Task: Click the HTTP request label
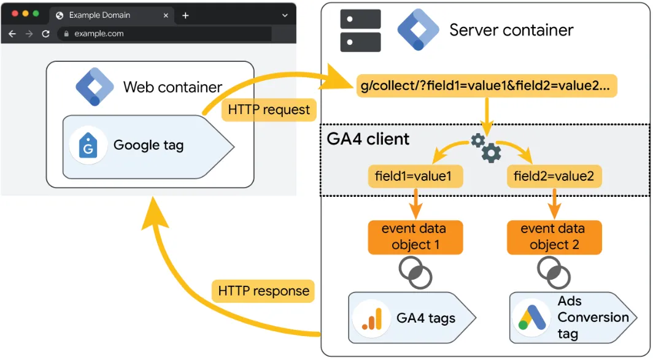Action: [x=269, y=110]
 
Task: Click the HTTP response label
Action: [x=263, y=291]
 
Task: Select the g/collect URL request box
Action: [x=486, y=86]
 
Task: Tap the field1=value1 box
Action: [x=413, y=177]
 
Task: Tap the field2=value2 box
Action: [x=554, y=177]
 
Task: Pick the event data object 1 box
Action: [x=414, y=237]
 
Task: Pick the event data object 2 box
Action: [x=554, y=237]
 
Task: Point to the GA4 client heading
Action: [x=368, y=139]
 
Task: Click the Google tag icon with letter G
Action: [x=89, y=146]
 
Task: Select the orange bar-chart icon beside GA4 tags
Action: [x=371, y=318]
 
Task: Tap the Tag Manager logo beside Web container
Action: [x=95, y=87]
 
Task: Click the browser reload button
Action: [x=45, y=34]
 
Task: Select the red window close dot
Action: [x=15, y=13]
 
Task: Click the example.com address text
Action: [x=99, y=34]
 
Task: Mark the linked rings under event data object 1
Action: [x=415, y=272]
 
